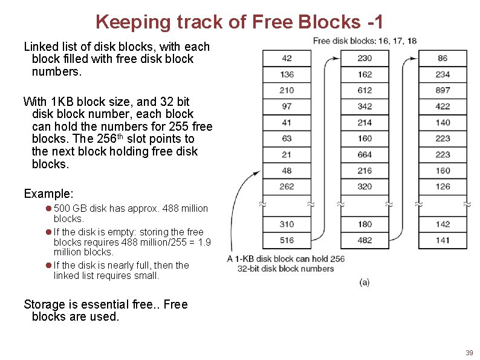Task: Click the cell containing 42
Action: [287, 58]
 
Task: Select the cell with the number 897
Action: [443, 90]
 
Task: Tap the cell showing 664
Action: [365, 154]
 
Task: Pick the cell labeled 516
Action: [287, 240]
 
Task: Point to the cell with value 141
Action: [443, 240]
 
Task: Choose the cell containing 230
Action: [365, 58]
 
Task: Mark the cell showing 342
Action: [365, 106]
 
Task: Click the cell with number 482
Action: [365, 240]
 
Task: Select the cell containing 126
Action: [443, 186]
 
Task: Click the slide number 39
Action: [469, 353]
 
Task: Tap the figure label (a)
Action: [365, 282]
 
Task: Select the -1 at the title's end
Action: [375, 22]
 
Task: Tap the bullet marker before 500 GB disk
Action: [48, 209]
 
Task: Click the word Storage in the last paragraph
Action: [47, 304]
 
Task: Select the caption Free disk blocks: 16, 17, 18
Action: [365, 41]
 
